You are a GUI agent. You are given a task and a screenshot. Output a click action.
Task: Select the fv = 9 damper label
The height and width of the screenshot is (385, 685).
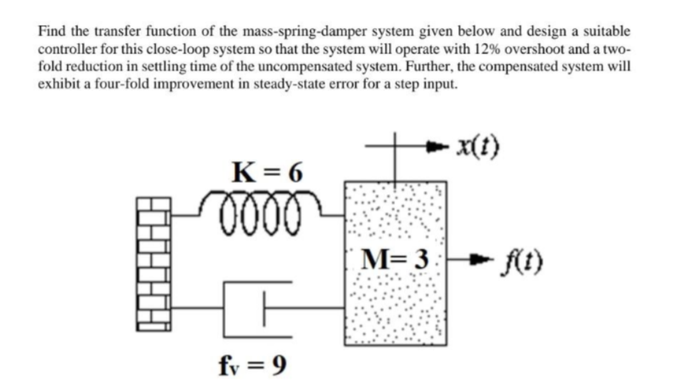(x=252, y=366)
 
